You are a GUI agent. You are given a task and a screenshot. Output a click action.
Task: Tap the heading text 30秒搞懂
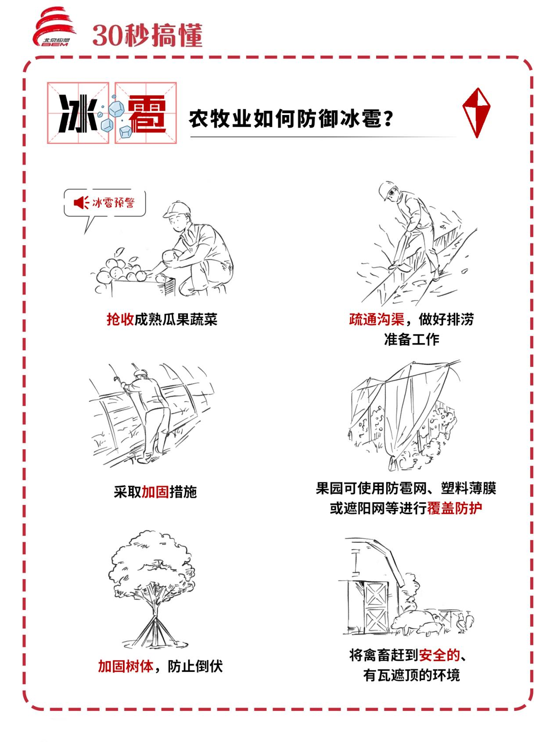pyautogui.click(x=147, y=35)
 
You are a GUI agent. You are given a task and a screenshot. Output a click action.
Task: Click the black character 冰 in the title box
pyautogui.click(x=78, y=114)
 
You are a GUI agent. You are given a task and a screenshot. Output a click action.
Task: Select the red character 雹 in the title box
pyautogui.click(x=146, y=114)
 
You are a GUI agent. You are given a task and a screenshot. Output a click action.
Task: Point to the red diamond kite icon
pyautogui.click(x=476, y=112)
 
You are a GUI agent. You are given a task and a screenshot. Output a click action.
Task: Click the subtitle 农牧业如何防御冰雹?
pyautogui.click(x=290, y=118)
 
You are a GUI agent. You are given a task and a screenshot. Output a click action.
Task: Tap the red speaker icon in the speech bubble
pyautogui.click(x=81, y=203)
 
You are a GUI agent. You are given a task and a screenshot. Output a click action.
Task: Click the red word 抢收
pyautogui.click(x=120, y=319)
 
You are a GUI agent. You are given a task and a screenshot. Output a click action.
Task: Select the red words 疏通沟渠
pyautogui.click(x=376, y=319)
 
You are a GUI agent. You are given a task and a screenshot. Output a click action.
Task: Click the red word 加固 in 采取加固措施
pyautogui.click(x=155, y=492)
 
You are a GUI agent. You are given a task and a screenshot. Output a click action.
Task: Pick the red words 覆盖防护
pyautogui.click(x=454, y=508)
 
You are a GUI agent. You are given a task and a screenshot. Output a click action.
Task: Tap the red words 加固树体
pyautogui.click(x=125, y=666)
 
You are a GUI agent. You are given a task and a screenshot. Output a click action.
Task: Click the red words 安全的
pyautogui.click(x=439, y=655)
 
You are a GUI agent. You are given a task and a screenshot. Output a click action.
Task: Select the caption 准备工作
pyautogui.click(x=411, y=339)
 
